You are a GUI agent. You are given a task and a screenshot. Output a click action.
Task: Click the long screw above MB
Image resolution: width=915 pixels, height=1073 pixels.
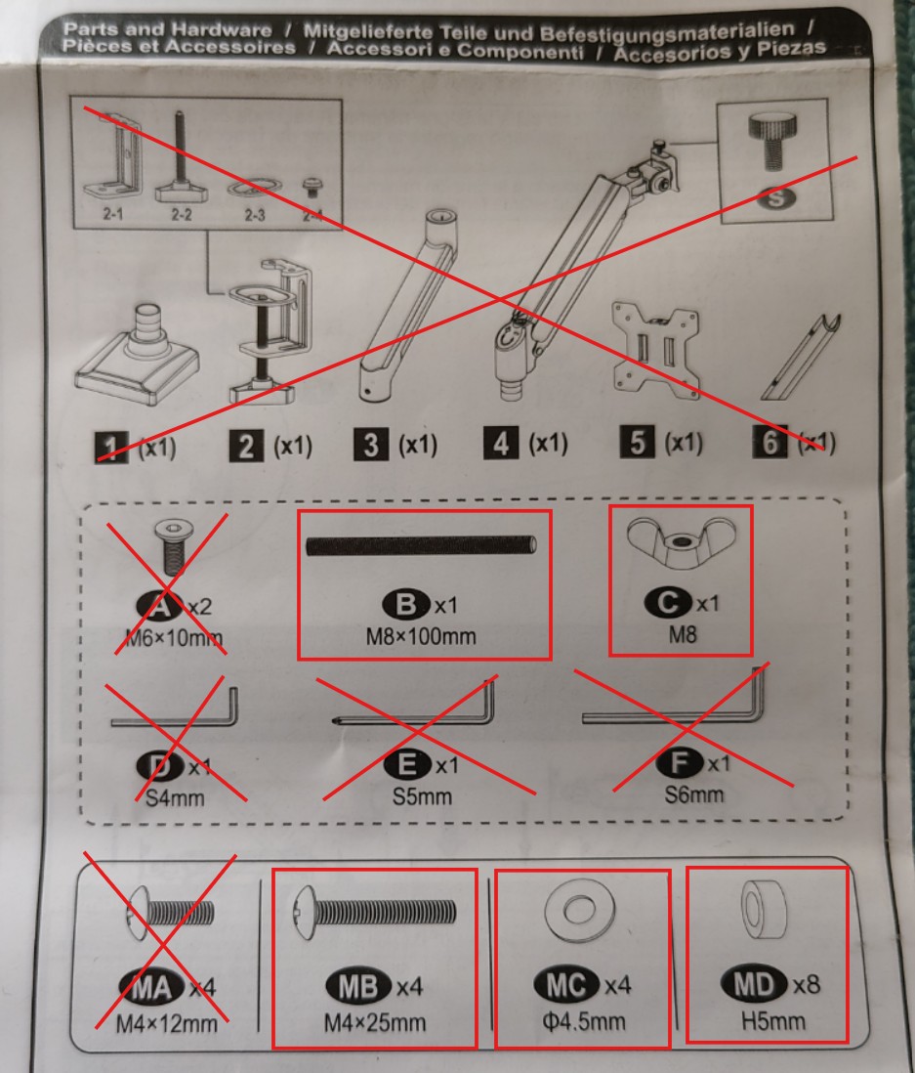[374, 912]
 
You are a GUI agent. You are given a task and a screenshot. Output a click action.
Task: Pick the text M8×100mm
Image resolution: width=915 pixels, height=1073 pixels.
[423, 638]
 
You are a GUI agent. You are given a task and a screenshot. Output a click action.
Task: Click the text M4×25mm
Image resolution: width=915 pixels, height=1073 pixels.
[374, 1023]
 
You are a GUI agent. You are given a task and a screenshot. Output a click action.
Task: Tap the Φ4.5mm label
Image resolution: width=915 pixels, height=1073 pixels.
[582, 1023]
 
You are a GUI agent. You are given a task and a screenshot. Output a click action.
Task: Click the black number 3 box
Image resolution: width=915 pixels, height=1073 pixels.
[370, 447]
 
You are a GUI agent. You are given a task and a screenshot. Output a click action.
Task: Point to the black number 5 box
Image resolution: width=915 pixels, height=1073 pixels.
[638, 444]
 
